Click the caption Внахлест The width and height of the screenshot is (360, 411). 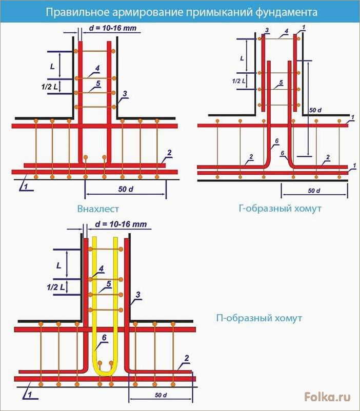click(98, 209)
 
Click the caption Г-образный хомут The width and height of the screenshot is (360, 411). click(280, 209)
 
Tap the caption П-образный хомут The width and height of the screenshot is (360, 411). click(259, 318)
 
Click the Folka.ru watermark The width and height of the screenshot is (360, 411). click(327, 397)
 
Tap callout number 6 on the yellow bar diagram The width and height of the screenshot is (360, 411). click(104, 337)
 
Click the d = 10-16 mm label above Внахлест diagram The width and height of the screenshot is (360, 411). click(113, 28)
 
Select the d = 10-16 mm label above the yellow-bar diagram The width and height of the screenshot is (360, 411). click(121, 224)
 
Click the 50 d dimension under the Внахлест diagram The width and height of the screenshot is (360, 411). click(126, 189)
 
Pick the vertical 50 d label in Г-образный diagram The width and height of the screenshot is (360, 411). click(315, 110)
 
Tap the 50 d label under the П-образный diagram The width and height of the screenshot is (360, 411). click(161, 395)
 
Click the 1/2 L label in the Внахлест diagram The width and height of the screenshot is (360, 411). click(50, 87)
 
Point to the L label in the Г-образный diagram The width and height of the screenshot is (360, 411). click(242, 58)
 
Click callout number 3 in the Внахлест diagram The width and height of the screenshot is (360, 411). click(125, 93)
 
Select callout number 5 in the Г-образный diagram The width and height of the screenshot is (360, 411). click(281, 83)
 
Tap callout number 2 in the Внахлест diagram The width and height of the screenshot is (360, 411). click(169, 153)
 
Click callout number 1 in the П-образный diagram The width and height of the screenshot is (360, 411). click(30, 395)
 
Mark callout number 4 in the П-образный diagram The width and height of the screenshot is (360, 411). click(102, 269)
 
